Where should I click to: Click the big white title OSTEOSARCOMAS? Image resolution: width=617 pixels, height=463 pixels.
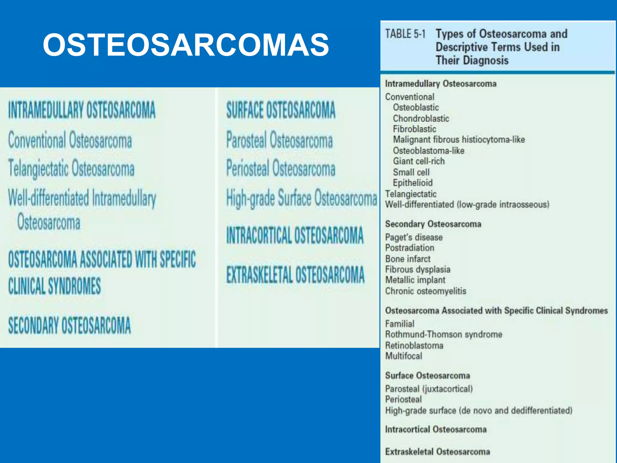click(x=186, y=45)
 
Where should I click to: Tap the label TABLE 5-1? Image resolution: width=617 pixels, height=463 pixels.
click(x=405, y=34)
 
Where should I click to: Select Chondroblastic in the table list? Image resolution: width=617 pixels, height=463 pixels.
click(x=421, y=118)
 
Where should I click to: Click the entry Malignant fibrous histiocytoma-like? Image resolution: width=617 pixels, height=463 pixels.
click(x=459, y=140)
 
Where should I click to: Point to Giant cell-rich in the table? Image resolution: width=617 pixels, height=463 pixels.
click(x=419, y=161)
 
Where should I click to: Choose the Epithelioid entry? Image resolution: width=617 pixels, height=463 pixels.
click(x=413, y=183)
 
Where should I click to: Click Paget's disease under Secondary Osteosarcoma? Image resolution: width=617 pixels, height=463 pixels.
click(x=414, y=237)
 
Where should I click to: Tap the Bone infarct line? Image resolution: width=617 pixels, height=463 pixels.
click(x=408, y=259)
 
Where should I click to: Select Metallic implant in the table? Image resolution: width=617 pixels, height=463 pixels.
click(x=415, y=280)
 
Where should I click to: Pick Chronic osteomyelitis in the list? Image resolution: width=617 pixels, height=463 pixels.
click(x=426, y=291)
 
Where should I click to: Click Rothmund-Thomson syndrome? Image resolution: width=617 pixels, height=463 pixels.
click(x=444, y=334)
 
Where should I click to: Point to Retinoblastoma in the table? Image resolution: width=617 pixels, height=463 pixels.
click(x=414, y=345)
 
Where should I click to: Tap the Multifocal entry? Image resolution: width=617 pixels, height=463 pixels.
click(x=404, y=356)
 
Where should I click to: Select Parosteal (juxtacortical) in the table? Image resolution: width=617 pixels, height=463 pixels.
click(x=429, y=389)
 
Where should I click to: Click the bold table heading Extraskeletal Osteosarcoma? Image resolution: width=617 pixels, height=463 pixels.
click(x=437, y=452)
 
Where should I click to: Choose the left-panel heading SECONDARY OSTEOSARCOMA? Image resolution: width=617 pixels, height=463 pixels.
click(x=70, y=326)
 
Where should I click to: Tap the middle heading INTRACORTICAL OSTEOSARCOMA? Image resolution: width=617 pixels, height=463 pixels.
click(x=295, y=235)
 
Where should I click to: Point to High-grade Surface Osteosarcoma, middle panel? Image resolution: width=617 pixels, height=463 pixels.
click(x=302, y=198)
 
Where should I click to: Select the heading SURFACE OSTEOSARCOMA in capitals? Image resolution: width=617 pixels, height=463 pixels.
click(x=281, y=110)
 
